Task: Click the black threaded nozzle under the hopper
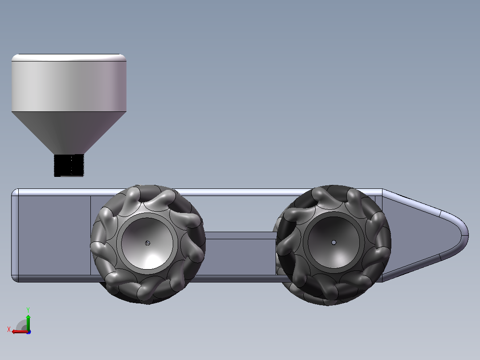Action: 69,165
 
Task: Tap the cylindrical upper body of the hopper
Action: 69,86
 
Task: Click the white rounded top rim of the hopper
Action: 69,57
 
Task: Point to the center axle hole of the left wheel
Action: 147,243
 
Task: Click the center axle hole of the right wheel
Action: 334,243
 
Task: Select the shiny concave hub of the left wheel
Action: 147,244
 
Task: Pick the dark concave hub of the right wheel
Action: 334,243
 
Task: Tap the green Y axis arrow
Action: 28,323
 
